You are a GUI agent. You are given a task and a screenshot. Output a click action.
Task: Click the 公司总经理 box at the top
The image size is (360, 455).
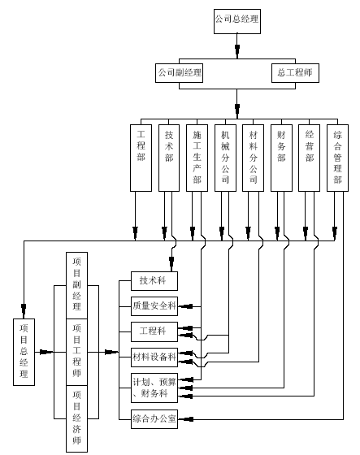pyautogui.click(x=237, y=21)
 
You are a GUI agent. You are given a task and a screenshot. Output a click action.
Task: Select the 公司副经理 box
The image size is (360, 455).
pyautogui.click(x=179, y=73)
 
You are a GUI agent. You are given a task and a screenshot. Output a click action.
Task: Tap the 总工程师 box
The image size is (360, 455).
pyautogui.click(x=295, y=73)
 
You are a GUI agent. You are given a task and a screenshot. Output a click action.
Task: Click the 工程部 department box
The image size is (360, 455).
pyautogui.click(x=141, y=158)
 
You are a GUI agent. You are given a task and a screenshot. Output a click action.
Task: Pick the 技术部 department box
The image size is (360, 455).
pyautogui.click(x=169, y=158)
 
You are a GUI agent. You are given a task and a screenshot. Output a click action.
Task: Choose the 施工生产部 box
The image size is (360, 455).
pyautogui.click(x=197, y=158)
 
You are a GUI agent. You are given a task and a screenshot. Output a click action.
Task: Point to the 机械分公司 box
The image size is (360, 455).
pyautogui.click(x=225, y=158)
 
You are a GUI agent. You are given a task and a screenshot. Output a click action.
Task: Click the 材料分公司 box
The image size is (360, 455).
pyautogui.click(x=254, y=158)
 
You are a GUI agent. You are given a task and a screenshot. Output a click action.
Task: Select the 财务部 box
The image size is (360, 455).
pyautogui.click(x=281, y=158)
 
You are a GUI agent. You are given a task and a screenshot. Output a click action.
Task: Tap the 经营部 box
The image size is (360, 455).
pyautogui.click(x=309, y=158)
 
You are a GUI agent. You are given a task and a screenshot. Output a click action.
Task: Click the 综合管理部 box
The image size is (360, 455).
pyautogui.click(x=337, y=158)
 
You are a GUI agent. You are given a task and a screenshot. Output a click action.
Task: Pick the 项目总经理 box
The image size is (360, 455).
pyautogui.click(x=24, y=353)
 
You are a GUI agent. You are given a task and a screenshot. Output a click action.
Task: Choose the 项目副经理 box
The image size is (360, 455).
pyautogui.click(x=76, y=285)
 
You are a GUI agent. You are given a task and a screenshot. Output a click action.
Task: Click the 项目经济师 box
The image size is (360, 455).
pyautogui.click(x=76, y=418)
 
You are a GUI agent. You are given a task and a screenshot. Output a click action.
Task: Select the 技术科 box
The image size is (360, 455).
pyautogui.click(x=154, y=281)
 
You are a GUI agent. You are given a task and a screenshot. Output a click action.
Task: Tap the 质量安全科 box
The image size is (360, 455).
pyautogui.click(x=154, y=306)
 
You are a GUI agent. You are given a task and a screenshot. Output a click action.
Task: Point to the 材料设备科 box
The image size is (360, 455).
pyautogui.click(x=154, y=357)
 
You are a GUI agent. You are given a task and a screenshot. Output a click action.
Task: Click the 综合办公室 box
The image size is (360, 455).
pyautogui.click(x=154, y=419)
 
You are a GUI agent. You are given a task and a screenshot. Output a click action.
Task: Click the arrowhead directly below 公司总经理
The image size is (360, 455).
pyautogui.click(x=237, y=50)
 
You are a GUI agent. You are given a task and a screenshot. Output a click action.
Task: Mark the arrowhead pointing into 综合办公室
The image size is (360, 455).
pyautogui.click(x=186, y=419)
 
